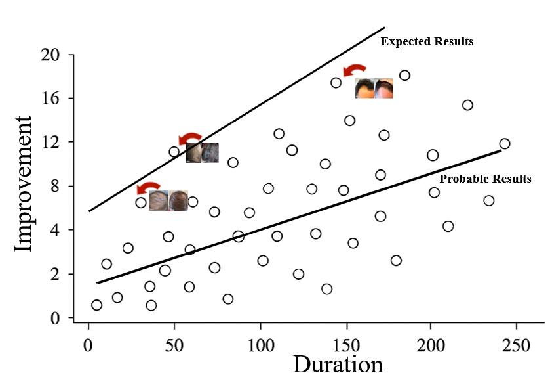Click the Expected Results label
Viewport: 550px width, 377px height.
pos(427,41)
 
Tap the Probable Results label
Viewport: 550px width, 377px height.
pos(485,179)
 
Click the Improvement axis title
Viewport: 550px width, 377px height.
pos(24,183)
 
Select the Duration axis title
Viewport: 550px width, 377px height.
pos(337,363)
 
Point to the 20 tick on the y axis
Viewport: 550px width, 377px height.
pos(51,55)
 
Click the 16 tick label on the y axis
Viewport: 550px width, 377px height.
pos(51,99)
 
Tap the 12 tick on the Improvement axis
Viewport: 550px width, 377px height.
pos(51,143)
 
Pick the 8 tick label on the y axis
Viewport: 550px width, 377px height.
pos(55,187)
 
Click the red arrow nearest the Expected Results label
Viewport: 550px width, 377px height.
pos(355,70)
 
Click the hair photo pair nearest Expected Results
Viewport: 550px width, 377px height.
pos(374,88)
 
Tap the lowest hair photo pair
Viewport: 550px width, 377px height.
pos(168,200)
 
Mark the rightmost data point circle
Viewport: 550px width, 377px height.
pos(504,144)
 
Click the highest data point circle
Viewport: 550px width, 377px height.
pos(404,76)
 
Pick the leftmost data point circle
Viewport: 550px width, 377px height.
pos(97,305)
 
